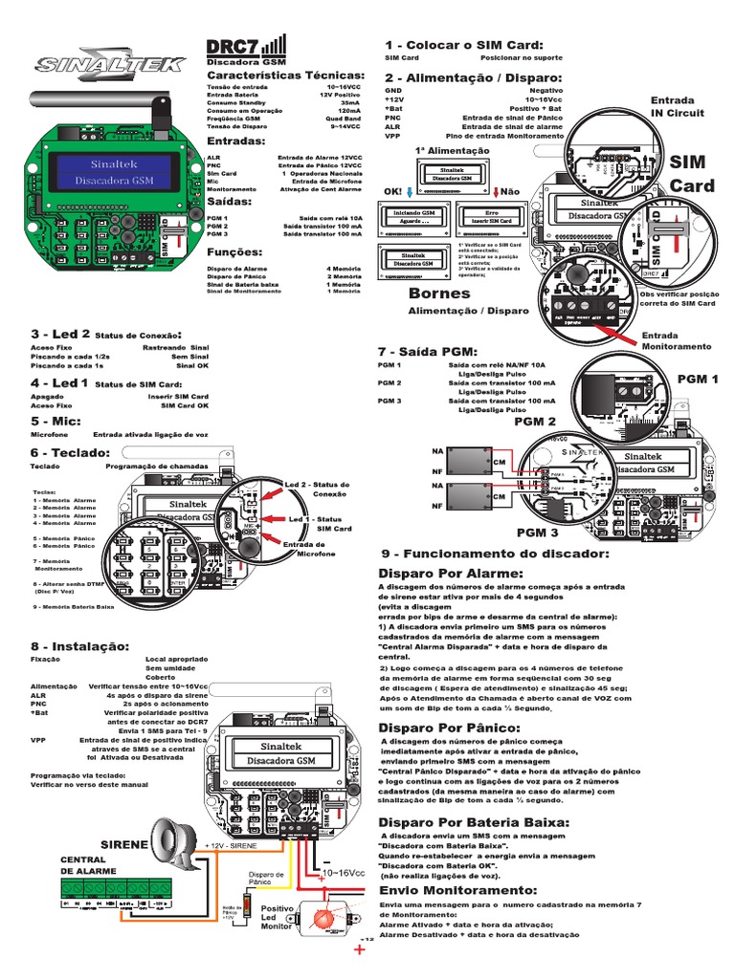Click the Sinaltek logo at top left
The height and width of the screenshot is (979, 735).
[x=96, y=65]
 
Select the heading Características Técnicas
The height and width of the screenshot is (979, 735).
[x=285, y=75]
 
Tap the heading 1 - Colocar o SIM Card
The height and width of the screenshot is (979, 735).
[x=463, y=45]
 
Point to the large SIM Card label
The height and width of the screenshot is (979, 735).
[x=692, y=174]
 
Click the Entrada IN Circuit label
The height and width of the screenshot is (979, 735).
[x=677, y=106]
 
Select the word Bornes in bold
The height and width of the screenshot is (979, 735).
[x=439, y=293]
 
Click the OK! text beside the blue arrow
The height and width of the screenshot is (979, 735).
[x=392, y=192]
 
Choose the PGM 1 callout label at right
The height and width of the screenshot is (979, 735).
[x=698, y=380]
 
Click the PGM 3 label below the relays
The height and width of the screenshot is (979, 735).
[x=537, y=532]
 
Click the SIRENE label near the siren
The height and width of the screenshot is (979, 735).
[x=124, y=845]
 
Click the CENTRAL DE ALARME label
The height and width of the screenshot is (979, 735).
[x=89, y=865]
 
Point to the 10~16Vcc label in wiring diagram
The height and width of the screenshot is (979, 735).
[x=344, y=873]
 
